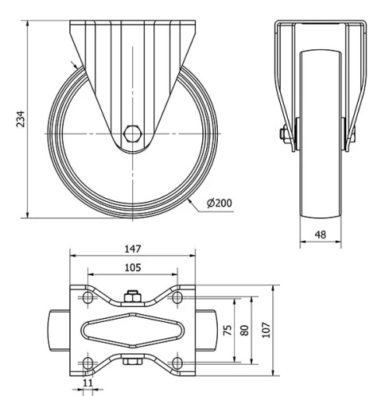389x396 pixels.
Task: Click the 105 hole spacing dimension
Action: click(x=131, y=268)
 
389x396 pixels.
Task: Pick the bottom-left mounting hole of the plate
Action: click(x=86, y=363)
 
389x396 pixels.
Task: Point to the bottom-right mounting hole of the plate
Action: click(x=177, y=363)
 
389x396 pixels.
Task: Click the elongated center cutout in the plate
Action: click(x=131, y=331)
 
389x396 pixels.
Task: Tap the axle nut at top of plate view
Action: click(x=131, y=295)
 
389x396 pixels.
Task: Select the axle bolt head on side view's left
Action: click(x=286, y=134)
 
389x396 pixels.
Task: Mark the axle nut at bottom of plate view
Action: click(x=131, y=360)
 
